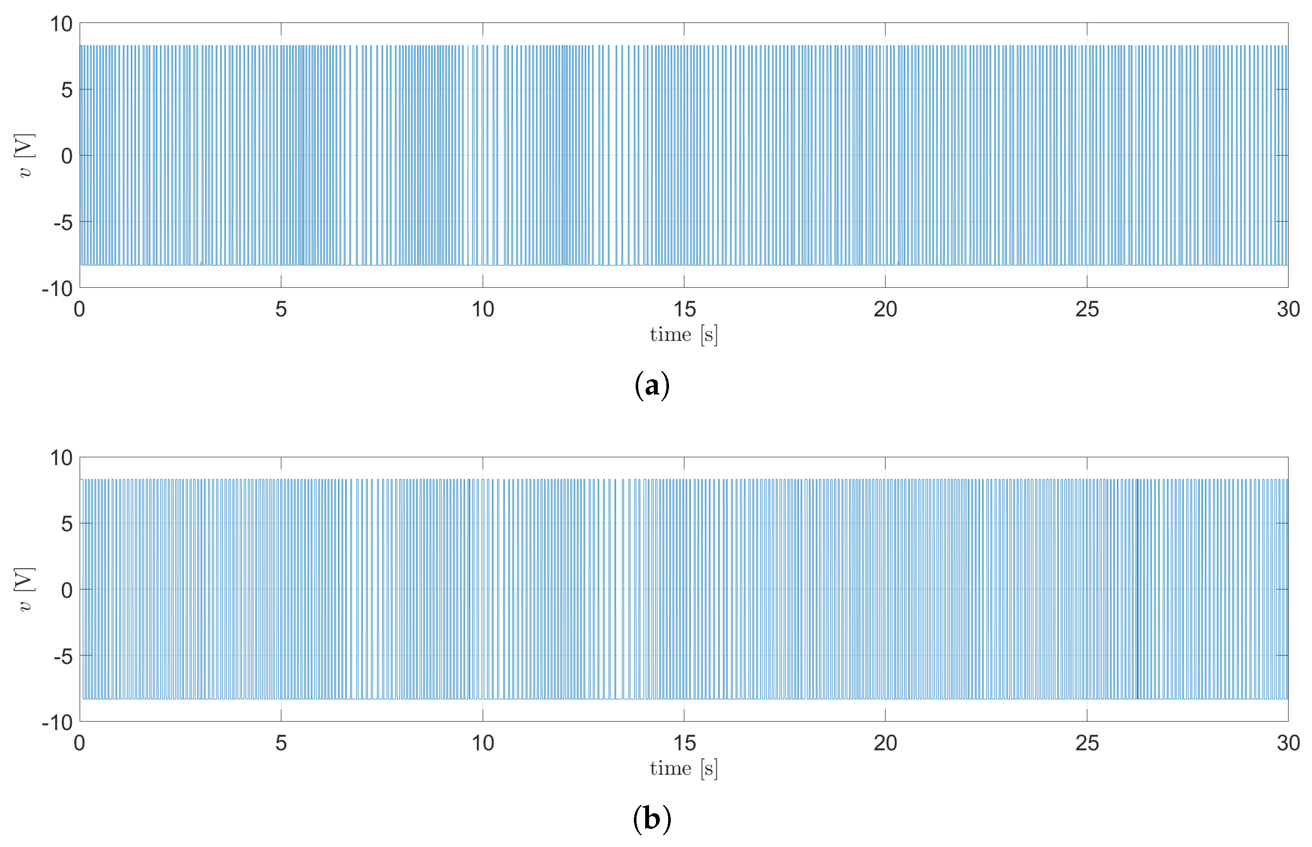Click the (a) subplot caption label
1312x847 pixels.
click(x=652, y=385)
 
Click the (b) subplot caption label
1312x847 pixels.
click(x=652, y=819)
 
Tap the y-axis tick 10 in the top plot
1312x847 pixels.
click(x=61, y=24)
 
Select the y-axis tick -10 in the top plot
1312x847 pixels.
click(x=57, y=288)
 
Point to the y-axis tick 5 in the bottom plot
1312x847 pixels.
click(x=66, y=524)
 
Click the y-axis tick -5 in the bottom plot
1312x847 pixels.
click(x=63, y=656)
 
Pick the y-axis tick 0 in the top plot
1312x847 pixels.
click(x=66, y=156)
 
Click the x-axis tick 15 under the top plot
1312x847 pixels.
click(x=684, y=309)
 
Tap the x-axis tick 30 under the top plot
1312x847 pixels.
click(x=1288, y=309)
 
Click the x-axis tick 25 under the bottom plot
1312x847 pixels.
click(x=1087, y=743)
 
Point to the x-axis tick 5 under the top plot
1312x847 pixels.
click(x=281, y=309)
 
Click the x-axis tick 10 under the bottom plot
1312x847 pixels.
click(x=483, y=743)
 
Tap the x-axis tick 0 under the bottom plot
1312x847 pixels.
click(x=80, y=743)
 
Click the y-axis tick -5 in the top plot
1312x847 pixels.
click(x=63, y=223)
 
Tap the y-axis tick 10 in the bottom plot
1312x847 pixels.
click(x=61, y=458)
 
